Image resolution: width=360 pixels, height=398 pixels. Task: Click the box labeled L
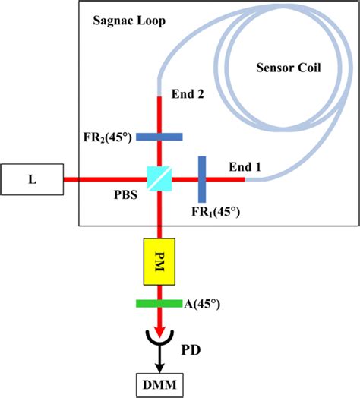click(x=31, y=180)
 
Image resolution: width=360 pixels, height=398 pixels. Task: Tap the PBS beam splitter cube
click(x=159, y=180)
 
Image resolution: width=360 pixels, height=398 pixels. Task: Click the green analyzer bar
click(x=159, y=304)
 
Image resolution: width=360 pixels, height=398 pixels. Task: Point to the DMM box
click(x=159, y=382)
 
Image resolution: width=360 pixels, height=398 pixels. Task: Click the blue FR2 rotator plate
click(x=159, y=137)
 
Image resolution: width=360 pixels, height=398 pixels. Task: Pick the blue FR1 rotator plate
click(x=202, y=180)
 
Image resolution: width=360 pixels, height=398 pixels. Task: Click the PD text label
click(x=201, y=351)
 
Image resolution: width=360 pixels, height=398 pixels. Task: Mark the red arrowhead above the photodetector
click(x=159, y=329)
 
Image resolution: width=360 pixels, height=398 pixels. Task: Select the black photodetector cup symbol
click(x=159, y=340)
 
